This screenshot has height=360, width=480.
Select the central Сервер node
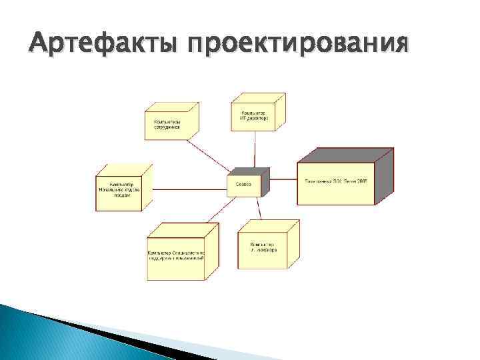[x=244, y=185]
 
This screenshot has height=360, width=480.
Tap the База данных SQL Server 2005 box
[x=336, y=182]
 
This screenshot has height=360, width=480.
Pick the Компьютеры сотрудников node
[x=167, y=125]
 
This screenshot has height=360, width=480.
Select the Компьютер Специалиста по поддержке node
[x=176, y=257]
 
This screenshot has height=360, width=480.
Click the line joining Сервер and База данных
[x=280, y=179]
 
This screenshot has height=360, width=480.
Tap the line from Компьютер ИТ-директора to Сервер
[x=254, y=149]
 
